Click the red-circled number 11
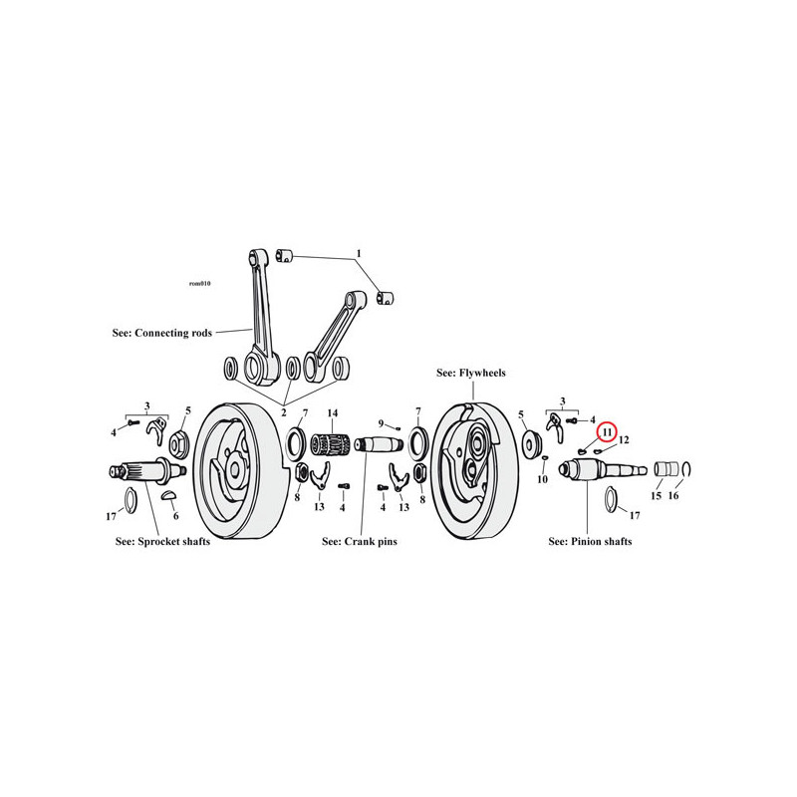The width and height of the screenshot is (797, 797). pos(607,432)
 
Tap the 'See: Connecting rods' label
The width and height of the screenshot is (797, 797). pos(162,333)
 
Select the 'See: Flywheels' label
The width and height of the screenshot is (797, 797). pos(471,373)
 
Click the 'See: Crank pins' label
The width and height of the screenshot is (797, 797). pos(360,541)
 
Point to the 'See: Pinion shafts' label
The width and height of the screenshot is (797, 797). pos(590,541)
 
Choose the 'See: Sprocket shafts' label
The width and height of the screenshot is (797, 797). pos(162,541)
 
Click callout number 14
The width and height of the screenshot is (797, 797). pos(333,413)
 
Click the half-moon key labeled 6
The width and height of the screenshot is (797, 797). pos(169,494)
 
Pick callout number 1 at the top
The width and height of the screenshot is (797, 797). pos(359,253)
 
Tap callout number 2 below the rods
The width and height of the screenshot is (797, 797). pos(284,412)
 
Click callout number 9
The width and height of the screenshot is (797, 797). pos(382,423)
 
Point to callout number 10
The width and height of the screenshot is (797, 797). pos(542,479)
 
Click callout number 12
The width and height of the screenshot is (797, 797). pos(624,439)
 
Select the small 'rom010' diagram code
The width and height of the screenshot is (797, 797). pos(200,284)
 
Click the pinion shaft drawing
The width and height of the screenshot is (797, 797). pos(603,469)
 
